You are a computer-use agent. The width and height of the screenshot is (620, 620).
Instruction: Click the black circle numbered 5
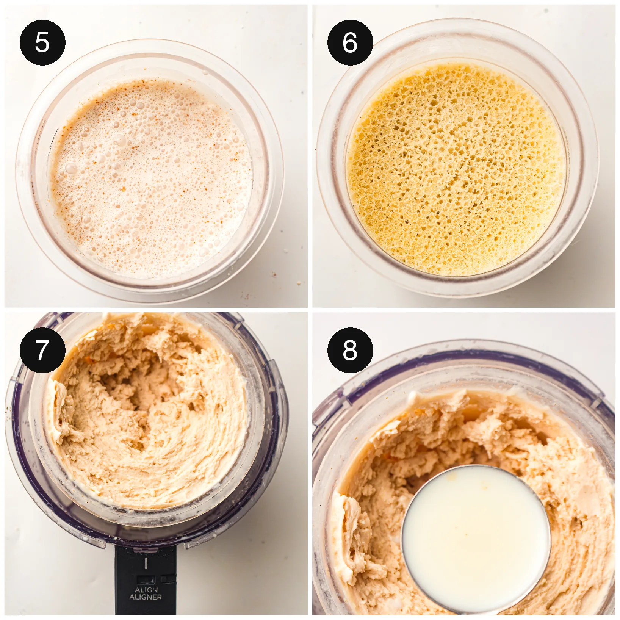point(42,42)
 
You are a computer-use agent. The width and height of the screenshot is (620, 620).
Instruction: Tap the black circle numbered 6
point(350,42)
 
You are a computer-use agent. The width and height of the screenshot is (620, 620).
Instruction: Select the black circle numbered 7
point(42,350)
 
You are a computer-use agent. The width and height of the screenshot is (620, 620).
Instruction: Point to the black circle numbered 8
point(350,350)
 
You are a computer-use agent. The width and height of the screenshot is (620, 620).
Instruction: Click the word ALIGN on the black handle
point(146,590)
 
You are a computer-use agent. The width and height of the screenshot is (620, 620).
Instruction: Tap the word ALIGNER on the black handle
point(146,597)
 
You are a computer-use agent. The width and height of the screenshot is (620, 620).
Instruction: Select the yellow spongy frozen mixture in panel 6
point(457,169)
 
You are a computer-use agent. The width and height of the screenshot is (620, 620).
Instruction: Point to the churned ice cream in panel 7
point(148,413)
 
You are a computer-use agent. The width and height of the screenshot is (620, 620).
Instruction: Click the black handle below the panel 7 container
point(146,580)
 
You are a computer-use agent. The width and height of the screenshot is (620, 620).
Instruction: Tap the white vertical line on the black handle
point(146,563)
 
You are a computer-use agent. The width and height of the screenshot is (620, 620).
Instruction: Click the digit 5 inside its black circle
point(42,42)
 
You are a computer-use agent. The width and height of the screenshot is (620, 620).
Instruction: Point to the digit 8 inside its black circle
point(350,350)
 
